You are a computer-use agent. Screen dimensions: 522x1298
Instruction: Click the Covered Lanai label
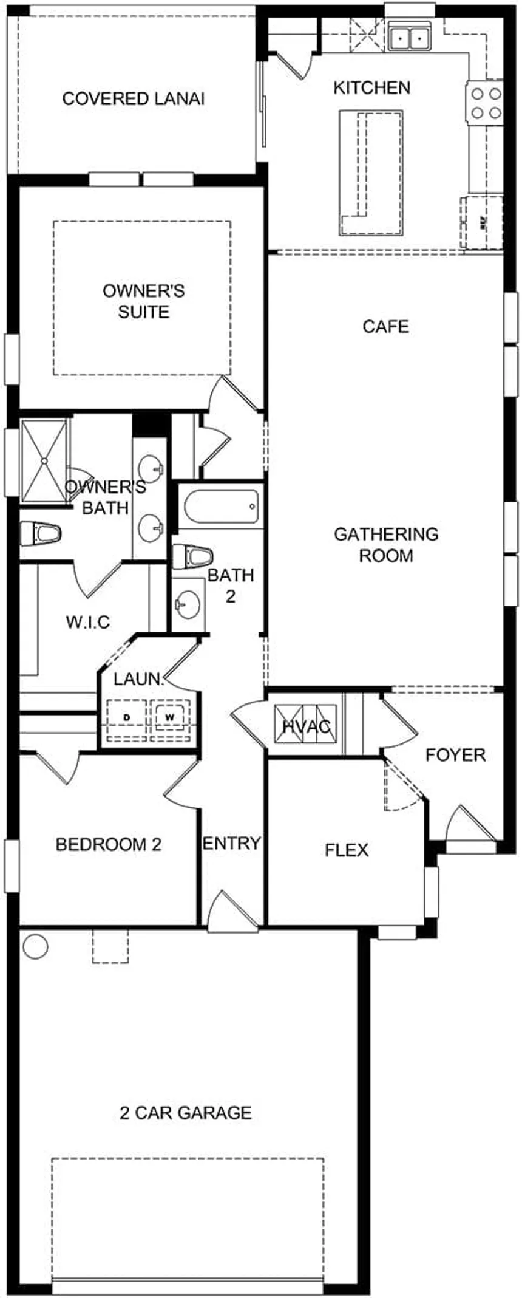point(134,98)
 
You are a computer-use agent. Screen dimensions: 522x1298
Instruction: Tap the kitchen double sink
point(410,38)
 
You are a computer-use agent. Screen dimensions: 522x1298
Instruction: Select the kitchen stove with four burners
point(486,103)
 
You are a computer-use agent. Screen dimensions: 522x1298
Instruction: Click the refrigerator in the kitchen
point(482,222)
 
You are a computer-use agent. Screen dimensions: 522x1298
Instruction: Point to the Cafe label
point(386,327)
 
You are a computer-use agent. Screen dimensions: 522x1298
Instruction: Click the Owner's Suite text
point(144,301)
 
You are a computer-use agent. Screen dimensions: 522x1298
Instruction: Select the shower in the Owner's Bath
point(45,461)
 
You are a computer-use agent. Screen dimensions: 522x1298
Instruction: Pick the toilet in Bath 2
point(192,556)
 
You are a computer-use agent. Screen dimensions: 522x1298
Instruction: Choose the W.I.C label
point(88,622)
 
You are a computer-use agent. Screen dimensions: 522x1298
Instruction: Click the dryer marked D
point(127,717)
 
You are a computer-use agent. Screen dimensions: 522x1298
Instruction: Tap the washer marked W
point(170,717)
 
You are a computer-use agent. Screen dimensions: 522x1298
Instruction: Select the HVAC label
point(307,726)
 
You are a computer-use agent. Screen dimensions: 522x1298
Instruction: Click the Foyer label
point(455,755)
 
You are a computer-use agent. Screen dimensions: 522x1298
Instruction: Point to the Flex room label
point(347,850)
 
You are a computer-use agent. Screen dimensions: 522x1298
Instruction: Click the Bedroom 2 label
point(109,844)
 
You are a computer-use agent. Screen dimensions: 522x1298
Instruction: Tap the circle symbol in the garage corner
point(35,946)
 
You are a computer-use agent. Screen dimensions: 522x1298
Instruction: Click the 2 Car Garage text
point(186,1113)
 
